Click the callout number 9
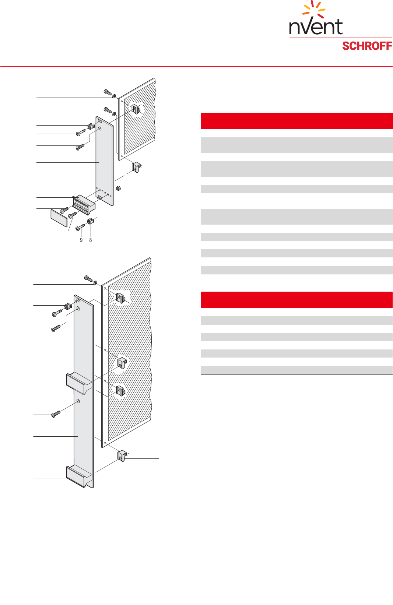tap(81, 240)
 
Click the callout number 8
tap(91, 240)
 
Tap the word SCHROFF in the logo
tap(367, 46)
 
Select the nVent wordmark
tap(316, 27)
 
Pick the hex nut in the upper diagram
tap(118, 188)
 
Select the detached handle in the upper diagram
tap(84, 205)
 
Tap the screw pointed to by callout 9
tap(80, 228)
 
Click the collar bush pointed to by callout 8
tap(90, 221)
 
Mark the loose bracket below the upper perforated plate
tap(137, 167)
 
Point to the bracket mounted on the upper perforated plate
tap(136, 109)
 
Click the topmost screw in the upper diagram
tap(108, 92)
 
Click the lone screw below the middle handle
tap(56, 414)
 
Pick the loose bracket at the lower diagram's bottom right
tap(122, 455)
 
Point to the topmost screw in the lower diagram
tap(88, 278)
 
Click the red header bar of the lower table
tap(296, 300)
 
